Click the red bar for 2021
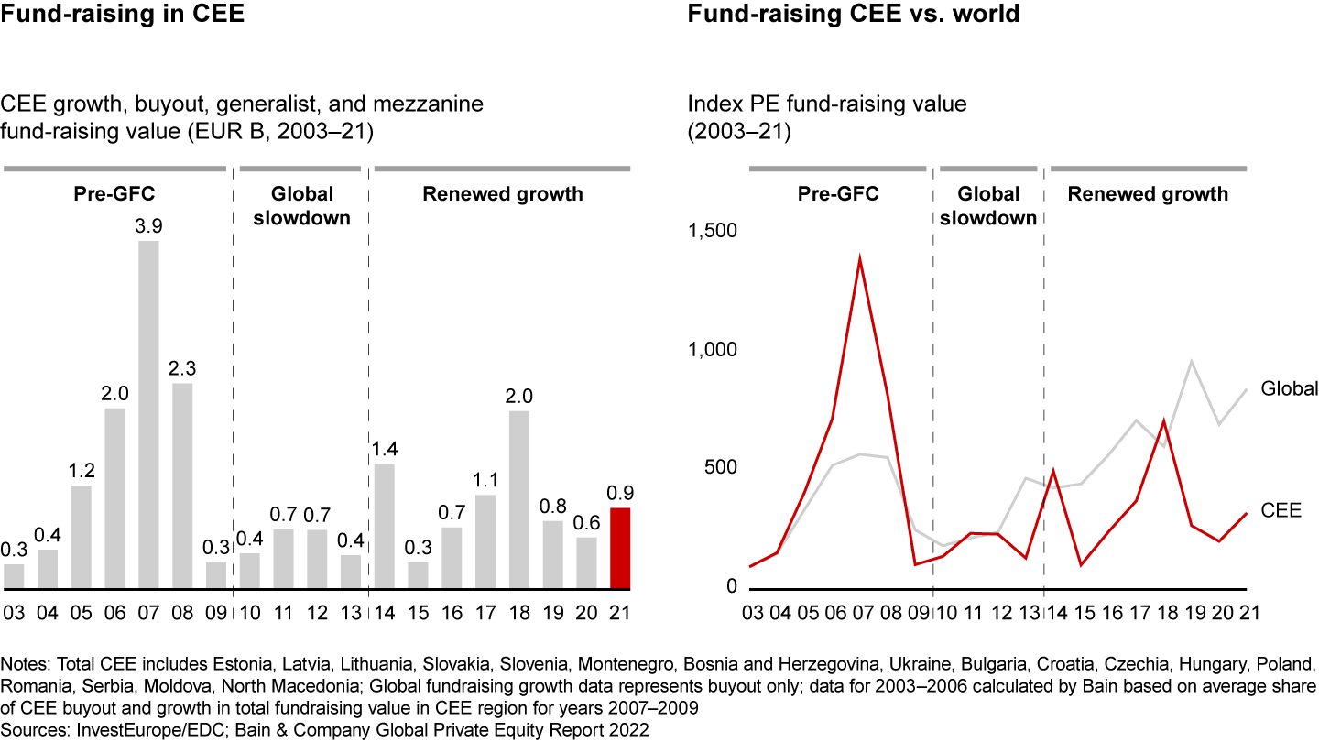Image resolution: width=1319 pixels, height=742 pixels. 620,548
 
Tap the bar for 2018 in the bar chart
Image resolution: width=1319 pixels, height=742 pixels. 518,499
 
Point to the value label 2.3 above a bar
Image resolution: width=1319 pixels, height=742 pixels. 182,368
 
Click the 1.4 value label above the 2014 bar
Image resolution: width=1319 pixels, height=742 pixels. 384,449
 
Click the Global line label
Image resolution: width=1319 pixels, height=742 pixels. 1289,388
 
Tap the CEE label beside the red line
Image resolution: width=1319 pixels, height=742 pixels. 1281,510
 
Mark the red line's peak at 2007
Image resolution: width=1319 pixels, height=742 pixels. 859,257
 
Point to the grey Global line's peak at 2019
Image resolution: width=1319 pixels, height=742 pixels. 1192,360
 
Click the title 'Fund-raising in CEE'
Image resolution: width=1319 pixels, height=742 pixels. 124,15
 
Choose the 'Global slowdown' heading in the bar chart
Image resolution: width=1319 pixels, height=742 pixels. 301,205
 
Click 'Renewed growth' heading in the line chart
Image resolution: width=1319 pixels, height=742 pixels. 1148,194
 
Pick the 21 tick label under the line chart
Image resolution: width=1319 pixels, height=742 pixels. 1248,611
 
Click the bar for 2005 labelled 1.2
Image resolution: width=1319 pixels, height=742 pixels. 81,537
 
